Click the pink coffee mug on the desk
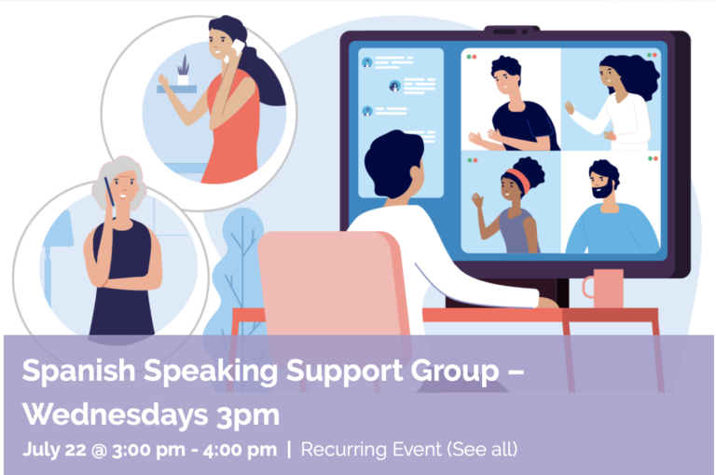coord(604,289)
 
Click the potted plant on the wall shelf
coord(183,70)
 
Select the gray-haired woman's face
coord(124,186)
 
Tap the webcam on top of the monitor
coord(512,31)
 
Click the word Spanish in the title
coord(78,371)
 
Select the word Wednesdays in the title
coord(115,414)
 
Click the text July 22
coord(54,450)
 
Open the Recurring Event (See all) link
coord(409,449)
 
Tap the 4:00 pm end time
coord(240,450)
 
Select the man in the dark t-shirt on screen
coord(515,104)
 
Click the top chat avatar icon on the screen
coord(367,62)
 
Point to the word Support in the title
coord(344,372)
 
